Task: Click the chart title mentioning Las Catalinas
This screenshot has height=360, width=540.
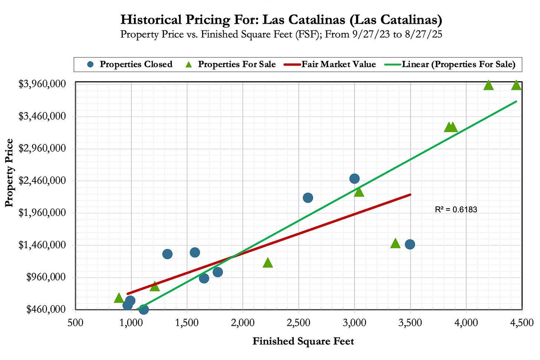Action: point(281,19)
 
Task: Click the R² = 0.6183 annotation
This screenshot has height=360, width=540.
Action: point(456,210)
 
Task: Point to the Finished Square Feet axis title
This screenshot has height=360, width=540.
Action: point(303,341)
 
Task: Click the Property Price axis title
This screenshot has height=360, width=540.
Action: point(9,173)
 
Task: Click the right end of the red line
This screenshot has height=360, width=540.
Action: point(410,194)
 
